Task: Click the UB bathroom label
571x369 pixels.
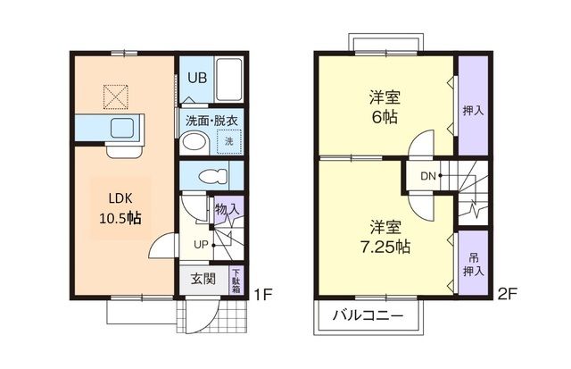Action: click(197, 77)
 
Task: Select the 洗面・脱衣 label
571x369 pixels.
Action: click(211, 121)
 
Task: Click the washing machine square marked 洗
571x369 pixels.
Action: click(228, 142)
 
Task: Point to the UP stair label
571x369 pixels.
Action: click(202, 244)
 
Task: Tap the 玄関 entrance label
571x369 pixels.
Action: click(203, 278)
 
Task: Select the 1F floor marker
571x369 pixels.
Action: click(261, 294)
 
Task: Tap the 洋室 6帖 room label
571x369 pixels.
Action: click(384, 106)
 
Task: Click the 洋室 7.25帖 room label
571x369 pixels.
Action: click(385, 236)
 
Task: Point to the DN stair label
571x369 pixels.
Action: click(428, 175)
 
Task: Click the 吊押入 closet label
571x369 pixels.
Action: click(472, 257)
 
